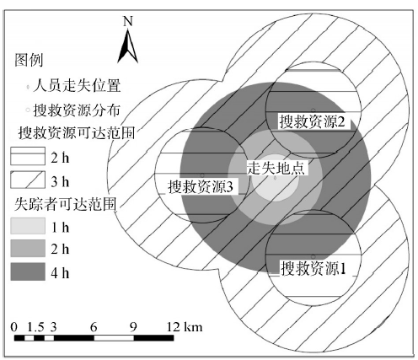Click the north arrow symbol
click(128, 46)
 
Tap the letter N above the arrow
click(128, 21)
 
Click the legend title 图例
click(29, 60)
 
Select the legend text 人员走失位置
click(77, 85)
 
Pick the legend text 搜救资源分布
click(77, 110)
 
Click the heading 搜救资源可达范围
click(77, 132)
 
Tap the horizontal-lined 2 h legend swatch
click(28, 156)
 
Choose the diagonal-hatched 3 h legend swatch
click(28, 180)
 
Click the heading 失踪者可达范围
click(65, 204)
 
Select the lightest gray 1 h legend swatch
click(28, 226)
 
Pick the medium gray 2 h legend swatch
click(28, 248)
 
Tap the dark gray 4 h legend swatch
click(28, 271)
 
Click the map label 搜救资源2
click(312, 122)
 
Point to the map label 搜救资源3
click(201, 186)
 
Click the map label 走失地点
click(276, 168)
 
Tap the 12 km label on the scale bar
click(185, 327)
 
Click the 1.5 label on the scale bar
click(35, 327)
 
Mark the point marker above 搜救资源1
click(313, 257)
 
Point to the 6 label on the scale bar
click(94, 327)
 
